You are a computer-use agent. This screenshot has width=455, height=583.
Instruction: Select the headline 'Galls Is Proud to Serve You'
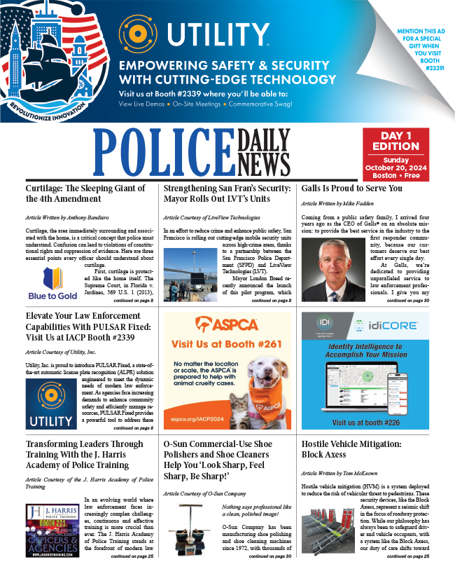[351, 188]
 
